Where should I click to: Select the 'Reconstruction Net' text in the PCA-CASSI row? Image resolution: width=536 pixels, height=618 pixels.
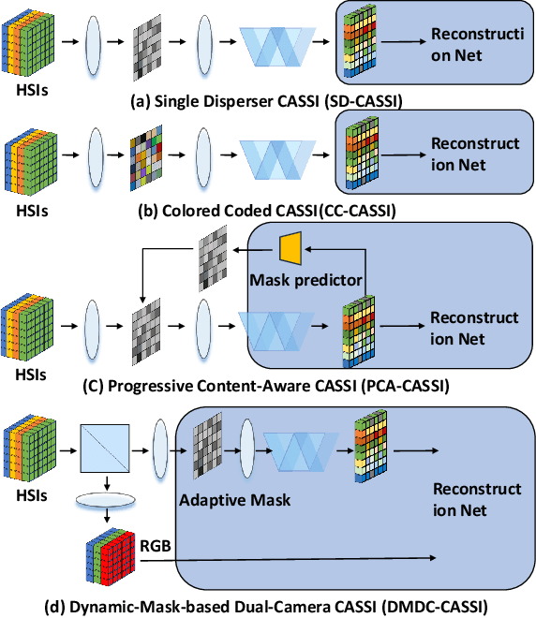(x=474, y=327)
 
